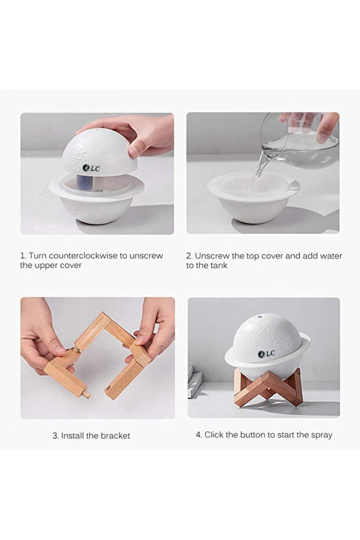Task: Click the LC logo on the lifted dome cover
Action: (x=91, y=168)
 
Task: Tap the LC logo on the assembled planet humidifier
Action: (x=267, y=353)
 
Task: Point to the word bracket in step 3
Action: (x=116, y=436)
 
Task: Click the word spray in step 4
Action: (x=322, y=435)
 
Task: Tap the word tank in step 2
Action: (x=219, y=265)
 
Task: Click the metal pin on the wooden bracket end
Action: (x=86, y=393)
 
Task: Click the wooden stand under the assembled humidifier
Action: (x=268, y=386)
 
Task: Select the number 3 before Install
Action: (x=55, y=436)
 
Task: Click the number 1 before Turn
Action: (x=23, y=256)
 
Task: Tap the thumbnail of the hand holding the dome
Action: (x=97, y=173)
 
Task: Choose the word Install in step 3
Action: (x=72, y=436)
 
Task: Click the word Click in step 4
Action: (x=213, y=434)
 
